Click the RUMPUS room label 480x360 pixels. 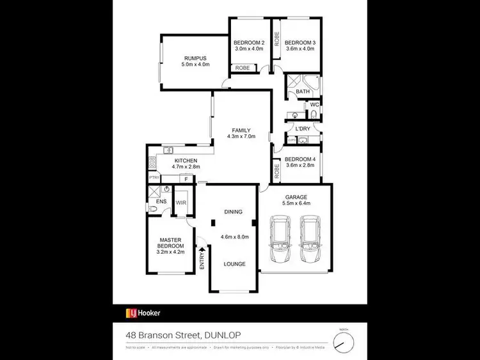pos(195,57)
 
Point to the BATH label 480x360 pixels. pos(303,92)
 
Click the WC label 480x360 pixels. pos(314,104)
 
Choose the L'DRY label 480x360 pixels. pos(303,129)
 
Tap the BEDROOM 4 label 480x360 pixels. pos(300,159)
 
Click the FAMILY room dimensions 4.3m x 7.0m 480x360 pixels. pos(242,136)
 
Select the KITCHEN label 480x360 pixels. pos(186,160)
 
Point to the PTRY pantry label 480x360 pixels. pos(154,177)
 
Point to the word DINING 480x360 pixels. pos(234,212)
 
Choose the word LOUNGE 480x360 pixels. pos(234,263)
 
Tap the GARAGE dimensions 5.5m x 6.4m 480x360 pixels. pos(296,203)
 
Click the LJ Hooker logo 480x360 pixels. pos(142,313)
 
